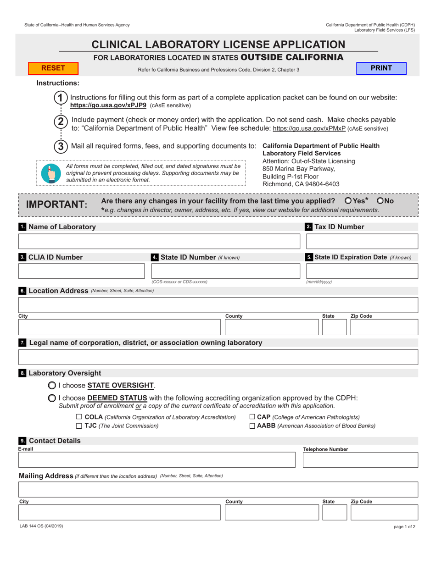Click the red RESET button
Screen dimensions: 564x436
(54, 68)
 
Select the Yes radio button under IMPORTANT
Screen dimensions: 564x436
(348, 201)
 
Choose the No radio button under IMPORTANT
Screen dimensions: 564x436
(380, 201)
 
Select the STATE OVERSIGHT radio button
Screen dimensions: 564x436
(52, 385)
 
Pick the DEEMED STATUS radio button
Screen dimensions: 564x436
(52, 398)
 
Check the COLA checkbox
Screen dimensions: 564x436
(79, 417)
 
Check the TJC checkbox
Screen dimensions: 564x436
(79, 426)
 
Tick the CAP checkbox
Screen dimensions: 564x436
(252, 417)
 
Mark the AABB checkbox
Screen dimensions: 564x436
(252, 426)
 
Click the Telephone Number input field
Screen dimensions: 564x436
(360, 460)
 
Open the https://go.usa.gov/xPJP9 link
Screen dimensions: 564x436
(108, 105)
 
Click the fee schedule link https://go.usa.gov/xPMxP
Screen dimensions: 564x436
(309, 128)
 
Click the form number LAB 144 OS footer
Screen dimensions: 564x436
(41, 526)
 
